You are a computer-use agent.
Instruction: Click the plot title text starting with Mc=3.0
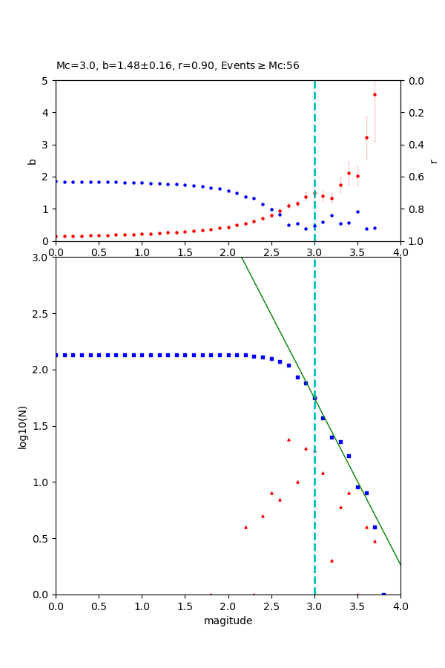(178, 65)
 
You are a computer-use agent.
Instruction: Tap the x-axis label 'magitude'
(228, 620)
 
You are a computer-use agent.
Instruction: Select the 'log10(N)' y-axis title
(22, 426)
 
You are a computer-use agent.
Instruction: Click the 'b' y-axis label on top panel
(32, 161)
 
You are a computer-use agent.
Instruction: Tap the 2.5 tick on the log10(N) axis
(42, 314)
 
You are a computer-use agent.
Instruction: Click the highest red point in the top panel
(375, 94)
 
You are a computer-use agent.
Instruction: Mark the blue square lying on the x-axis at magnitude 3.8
(383, 594)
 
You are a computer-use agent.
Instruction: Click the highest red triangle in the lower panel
(289, 439)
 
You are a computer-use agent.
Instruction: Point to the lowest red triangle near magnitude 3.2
(332, 560)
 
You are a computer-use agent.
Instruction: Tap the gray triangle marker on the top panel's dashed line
(314, 194)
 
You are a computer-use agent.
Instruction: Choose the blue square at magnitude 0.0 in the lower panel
(56, 355)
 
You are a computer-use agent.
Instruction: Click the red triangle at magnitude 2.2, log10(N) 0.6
(245, 527)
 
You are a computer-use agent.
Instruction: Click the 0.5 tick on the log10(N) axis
(42, 538)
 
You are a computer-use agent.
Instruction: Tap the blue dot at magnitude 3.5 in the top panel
(357, 212)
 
